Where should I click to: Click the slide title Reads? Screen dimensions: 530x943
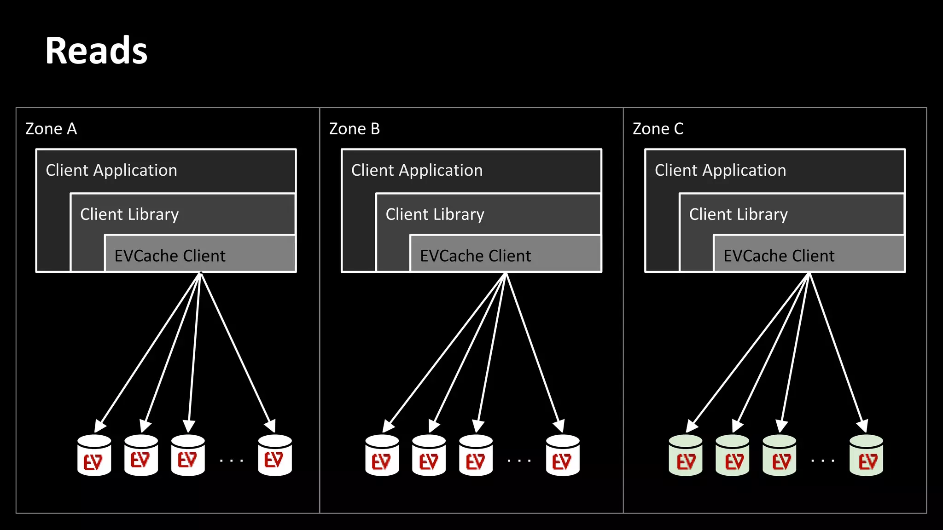96,51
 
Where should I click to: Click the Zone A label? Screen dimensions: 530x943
51,129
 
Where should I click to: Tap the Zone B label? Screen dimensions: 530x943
354,129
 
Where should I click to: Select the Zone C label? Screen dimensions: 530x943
658,129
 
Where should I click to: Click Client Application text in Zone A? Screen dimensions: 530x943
111,171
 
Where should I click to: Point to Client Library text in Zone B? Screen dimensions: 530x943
435,215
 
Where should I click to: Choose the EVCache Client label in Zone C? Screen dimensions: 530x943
779,256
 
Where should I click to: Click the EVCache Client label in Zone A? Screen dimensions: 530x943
170,256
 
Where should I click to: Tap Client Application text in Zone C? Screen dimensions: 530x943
720,171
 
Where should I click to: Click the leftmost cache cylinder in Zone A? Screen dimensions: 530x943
94,455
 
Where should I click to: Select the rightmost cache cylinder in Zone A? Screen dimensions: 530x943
275,455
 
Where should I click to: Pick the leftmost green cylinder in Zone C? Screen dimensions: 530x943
686,455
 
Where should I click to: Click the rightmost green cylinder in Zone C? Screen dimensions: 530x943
866,455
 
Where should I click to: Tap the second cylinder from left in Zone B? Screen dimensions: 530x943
429,455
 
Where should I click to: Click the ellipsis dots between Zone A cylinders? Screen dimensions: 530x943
231,460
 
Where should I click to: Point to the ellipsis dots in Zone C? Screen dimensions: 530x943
822,460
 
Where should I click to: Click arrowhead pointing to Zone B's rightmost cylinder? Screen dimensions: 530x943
559,425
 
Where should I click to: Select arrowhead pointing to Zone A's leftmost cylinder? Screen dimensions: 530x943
99,425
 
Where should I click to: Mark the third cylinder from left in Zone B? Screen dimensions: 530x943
476,455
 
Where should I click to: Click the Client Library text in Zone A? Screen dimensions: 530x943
129,215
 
